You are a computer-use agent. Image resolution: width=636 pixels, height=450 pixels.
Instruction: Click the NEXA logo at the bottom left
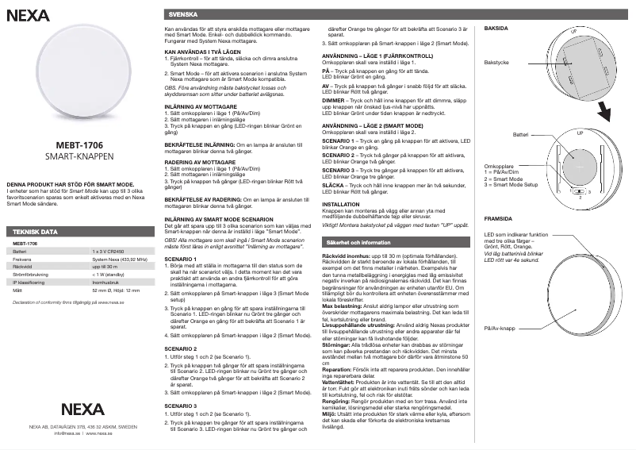coord(78,410)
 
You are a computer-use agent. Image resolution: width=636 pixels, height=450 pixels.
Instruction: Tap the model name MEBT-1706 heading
coord(78,145)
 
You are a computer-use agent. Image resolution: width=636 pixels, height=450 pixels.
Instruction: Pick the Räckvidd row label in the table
coord(21,267)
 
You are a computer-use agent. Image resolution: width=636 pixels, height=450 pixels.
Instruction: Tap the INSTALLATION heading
coord(342,204)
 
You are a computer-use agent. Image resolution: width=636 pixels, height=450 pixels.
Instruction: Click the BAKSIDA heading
coord(496,28)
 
